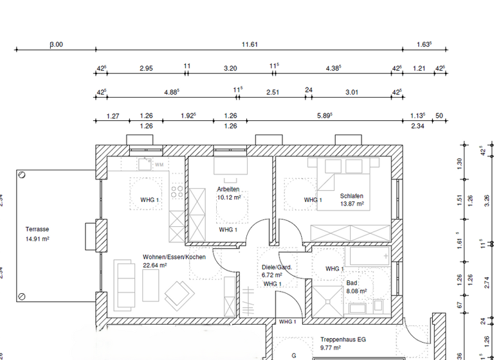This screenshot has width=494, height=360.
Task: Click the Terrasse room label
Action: pos(37,229)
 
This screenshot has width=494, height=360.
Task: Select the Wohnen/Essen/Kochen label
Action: pos(174,256)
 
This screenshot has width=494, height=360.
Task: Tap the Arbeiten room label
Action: pos(228,190)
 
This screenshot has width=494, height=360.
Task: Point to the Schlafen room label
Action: pos(352,196)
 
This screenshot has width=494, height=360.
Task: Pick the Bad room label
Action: pos(351,283)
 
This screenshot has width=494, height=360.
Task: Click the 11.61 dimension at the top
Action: pos(250,44)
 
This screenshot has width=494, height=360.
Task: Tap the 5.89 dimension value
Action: pos(324,116)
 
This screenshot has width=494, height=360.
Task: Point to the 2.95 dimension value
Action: pos(146,67)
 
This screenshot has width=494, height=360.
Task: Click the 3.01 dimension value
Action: pos(351,92)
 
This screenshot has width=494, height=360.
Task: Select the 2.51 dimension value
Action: pos(273,92)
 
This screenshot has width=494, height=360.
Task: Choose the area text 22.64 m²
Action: pos(155,264)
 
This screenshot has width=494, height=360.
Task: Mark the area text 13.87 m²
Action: pos(352,204)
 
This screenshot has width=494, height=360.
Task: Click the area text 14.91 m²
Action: pos(37,239)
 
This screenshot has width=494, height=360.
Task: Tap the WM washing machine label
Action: pos(158,165)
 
